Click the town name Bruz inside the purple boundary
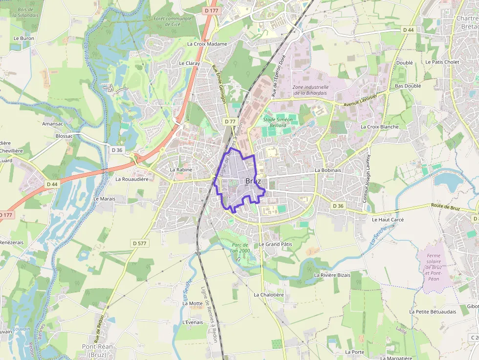click(253, 181)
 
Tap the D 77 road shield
click(230, 121)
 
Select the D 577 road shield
click(139, 243)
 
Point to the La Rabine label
click(181, 169)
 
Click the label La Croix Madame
click(207, 44)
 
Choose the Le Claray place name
click(189, 63)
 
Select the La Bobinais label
click(328, 170)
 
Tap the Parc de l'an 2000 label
click(241, 247)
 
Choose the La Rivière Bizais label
click(332, 275)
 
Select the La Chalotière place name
click(268, 295)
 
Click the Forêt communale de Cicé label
click(173, 21)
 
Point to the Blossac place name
click(64, 136)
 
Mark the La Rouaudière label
click(131, 179)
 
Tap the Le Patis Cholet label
click(442, 62)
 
